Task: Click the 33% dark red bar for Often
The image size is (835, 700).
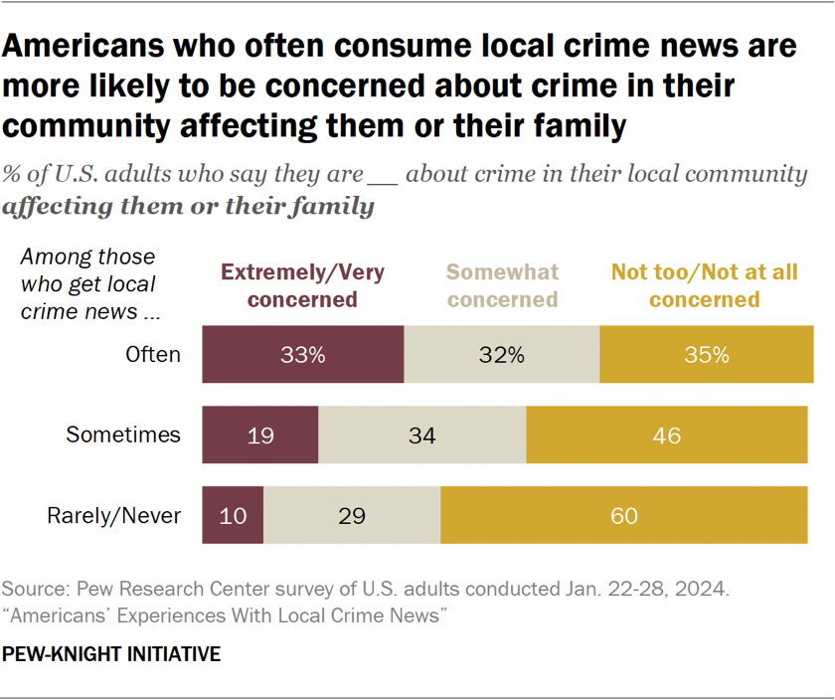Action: [x=303, y=354]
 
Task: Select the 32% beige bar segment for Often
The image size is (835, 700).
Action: [x=502, y=354]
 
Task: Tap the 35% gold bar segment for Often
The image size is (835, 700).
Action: [x=706, y=354]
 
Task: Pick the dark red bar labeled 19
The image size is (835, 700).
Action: [x=260, y=435]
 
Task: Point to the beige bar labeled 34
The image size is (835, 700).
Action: [x=422, y=435]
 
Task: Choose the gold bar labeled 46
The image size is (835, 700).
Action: [x=666, y=435]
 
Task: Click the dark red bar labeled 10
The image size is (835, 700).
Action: [x=233, y=515]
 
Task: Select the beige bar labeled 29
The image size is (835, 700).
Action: [x=352, y=515]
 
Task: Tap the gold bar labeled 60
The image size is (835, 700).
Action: [x=624, y=515]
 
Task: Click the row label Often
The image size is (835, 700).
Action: [x=153, y=354]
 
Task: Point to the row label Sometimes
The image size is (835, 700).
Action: [x=123, y=435]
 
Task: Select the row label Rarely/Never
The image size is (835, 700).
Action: [x=114, y=515]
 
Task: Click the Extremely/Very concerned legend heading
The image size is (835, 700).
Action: [x=302, y=285]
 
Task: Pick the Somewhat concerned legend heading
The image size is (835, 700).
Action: [x=502, y=285]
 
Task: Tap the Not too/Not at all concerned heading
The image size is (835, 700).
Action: [x=704, y=285]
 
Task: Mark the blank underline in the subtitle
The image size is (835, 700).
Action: [x=383, y=176]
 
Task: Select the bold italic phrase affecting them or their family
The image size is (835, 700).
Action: [x=189, y=207]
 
